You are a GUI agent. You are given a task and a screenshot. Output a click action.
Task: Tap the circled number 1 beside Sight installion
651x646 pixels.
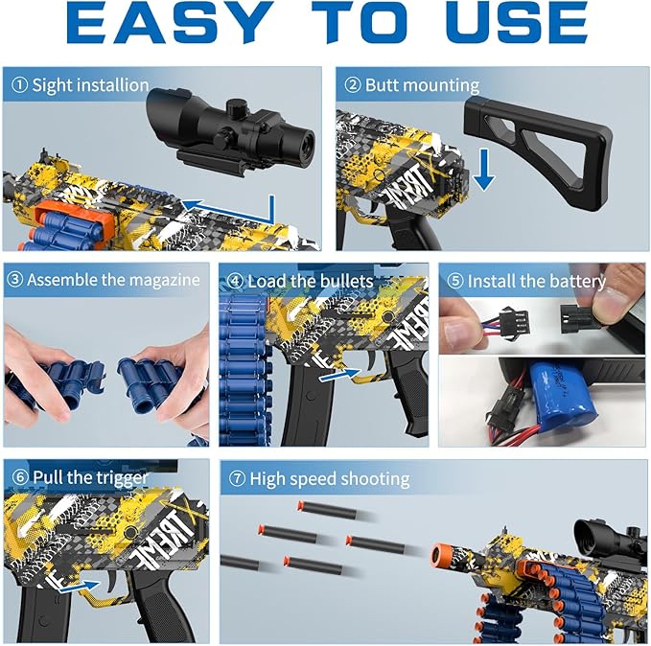tap(18, 85)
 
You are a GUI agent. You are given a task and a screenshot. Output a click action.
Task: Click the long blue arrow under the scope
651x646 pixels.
tap(230, 203)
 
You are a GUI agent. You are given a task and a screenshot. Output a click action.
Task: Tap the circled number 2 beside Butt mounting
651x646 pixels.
tap(352, 85)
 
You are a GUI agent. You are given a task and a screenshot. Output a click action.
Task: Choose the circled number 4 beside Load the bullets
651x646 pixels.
tap(235, 281)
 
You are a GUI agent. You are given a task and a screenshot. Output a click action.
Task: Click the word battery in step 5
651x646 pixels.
tap(576, 281)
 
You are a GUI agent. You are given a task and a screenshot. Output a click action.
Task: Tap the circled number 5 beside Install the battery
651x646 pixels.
tap(454, 281)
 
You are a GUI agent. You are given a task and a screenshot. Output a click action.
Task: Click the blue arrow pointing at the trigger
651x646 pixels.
tap(81, 585)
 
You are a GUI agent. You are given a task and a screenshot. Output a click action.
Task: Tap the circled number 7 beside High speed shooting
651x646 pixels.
tap(236, 478)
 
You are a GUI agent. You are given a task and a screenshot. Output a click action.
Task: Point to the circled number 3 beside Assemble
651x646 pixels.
tap(14, 281)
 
